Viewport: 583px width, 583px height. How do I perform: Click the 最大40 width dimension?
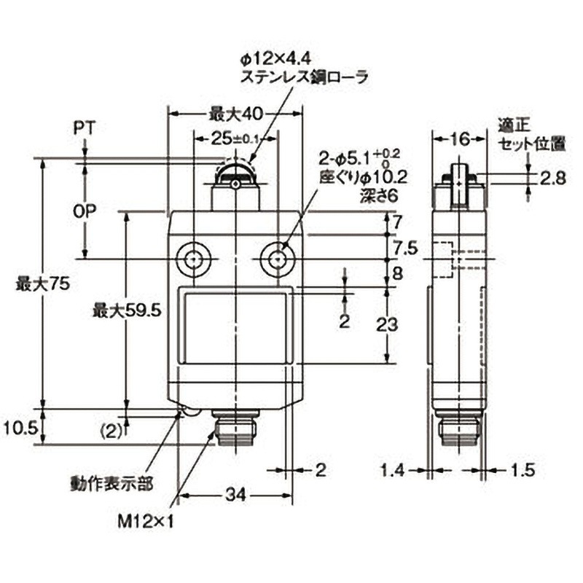(x=235, y=114)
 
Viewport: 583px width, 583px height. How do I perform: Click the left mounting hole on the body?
(x=193, y=258)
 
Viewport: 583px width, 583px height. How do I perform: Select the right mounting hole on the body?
(x=276, y=258)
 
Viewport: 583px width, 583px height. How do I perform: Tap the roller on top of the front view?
(x=235, y=176)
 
